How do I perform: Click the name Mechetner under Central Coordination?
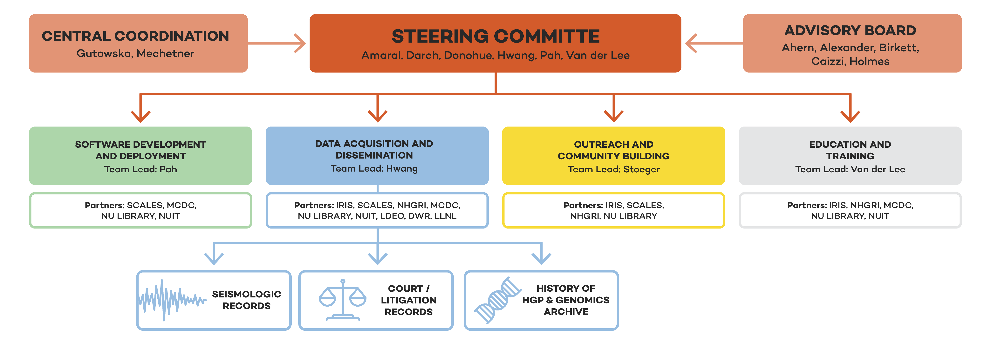[165, 53]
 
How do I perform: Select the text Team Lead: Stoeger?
[614, 169]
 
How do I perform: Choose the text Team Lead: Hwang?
[374, 168]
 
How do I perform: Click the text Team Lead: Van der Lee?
[850, 169]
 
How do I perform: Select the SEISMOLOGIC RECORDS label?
[247, 300]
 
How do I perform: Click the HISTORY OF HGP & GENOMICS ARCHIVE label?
[566, 300]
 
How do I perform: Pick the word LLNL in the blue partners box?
[446, 216]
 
